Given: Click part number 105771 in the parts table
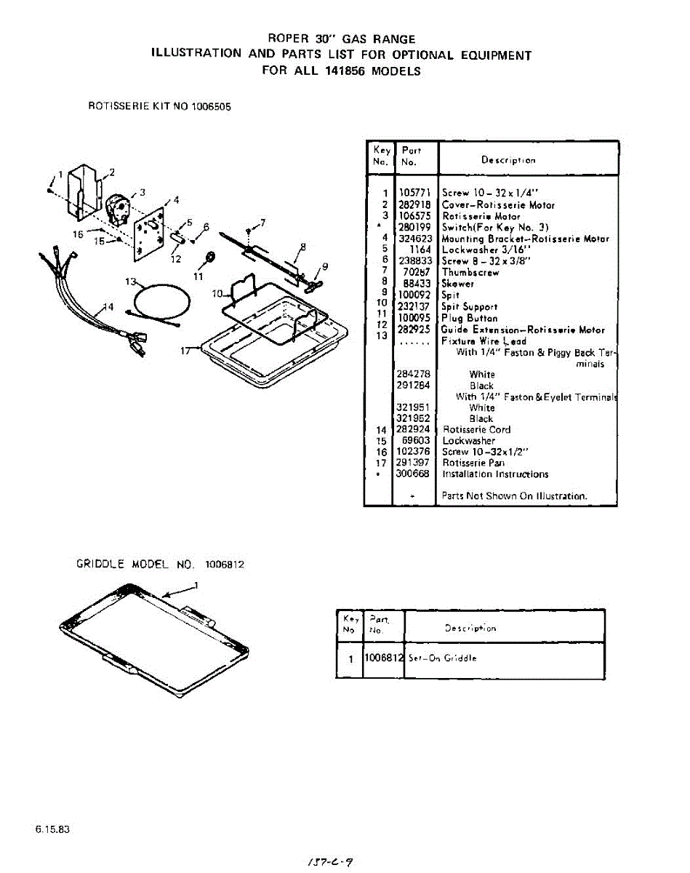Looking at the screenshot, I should point(415,194).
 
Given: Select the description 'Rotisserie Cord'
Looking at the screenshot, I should point(476,430).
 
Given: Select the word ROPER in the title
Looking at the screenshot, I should point(289,38).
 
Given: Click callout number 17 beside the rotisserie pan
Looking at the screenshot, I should point(186,350).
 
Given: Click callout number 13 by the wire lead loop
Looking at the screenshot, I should point(130,282).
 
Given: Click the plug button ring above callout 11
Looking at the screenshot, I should point(211,258).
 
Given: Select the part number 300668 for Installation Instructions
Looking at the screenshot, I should point(413,474).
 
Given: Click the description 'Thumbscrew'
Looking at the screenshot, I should point(470,272).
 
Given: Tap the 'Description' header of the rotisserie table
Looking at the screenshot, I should point(508,160).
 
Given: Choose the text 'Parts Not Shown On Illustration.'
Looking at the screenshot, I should point(514,496).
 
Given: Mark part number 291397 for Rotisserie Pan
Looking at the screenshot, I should point(413,463).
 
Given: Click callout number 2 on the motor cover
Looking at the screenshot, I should point(112,172).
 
